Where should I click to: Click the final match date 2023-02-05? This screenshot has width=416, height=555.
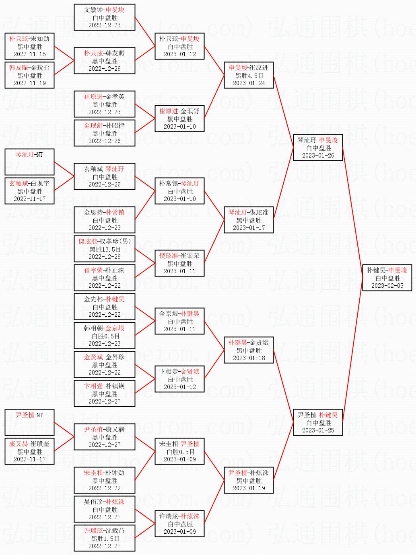[387, 286]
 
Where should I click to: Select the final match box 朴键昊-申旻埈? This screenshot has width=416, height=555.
[387, 278]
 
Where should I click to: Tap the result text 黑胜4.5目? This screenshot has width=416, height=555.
[249, 76]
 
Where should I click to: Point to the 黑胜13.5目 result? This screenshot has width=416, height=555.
[105, 249]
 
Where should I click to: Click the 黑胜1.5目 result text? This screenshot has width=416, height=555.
[105, 539]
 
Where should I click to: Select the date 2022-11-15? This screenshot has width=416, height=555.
[30, 54]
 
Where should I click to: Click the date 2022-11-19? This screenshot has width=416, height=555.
[30, 83]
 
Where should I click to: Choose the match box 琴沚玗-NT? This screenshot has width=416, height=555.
[29, 162]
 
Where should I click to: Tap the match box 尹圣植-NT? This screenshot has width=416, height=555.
[29, 422]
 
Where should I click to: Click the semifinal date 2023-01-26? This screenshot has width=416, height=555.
[318, 156]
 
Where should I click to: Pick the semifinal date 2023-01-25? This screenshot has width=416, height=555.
[318, 430]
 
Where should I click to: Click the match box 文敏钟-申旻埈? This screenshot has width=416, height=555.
[105, 17]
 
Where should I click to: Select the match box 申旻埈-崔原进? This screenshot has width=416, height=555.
[249, 75]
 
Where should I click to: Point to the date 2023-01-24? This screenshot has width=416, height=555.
[249, 83]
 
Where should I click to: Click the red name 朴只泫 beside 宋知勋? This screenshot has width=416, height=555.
[19, 39]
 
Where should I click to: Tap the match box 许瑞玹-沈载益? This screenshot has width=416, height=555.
[105, 538]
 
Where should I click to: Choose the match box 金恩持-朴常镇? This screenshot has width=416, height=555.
[105, 220]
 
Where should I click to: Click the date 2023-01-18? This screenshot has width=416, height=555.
[249, 358]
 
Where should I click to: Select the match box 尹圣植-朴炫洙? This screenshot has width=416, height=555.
[249, 480]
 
